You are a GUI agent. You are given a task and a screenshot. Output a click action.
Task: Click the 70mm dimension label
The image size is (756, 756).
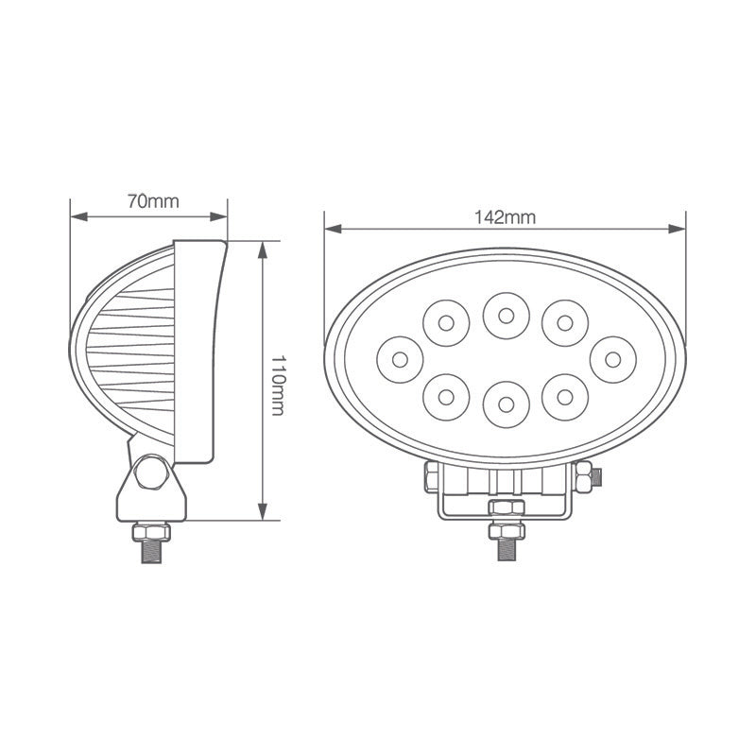click(x=152, y=200)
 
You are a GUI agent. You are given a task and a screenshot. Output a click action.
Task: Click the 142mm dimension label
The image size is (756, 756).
click(x=505, y=216)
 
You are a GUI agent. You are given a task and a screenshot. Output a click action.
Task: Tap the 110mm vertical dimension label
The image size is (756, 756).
click(x=278, y=381)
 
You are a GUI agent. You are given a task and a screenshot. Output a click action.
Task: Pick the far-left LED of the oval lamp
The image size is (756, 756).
click(x=400, y=359)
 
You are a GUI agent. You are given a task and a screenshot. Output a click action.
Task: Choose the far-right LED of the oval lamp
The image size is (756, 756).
click(x=612, y=359)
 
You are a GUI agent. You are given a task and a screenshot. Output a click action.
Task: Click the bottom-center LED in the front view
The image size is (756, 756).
click(x=505, y=404)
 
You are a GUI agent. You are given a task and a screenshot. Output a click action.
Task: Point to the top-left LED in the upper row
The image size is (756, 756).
click(x=445, y=323)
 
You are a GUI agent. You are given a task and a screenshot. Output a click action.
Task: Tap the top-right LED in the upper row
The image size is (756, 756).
click(x=564, y=323)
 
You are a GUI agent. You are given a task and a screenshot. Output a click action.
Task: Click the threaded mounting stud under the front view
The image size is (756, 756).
click(x=505, y=546)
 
